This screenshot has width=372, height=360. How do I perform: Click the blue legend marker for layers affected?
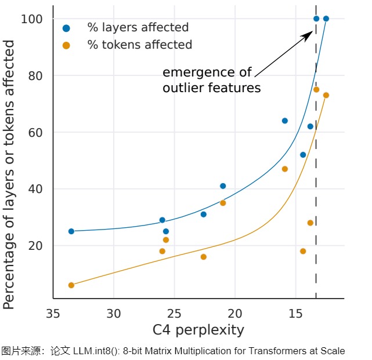point(67,28)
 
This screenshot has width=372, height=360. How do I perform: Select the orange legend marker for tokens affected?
point(67,45)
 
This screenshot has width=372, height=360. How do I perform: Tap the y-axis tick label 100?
point(32,19)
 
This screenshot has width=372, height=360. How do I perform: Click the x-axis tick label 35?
point(53,314)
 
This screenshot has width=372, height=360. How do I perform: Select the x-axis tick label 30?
point(114,314)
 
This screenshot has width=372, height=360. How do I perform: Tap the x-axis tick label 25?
point(174,314)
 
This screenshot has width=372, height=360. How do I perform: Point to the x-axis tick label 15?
point(295,314)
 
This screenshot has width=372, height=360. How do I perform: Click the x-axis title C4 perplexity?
point(198,330)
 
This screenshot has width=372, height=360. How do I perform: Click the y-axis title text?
point(10,174)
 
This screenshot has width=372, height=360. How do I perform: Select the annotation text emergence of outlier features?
point(211,81)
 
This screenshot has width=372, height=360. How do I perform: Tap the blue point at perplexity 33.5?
point(71,231)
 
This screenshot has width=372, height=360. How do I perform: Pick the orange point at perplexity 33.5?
point(71,285)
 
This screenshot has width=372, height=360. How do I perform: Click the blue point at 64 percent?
point(285,121)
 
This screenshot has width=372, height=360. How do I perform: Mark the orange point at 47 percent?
point(285,169)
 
